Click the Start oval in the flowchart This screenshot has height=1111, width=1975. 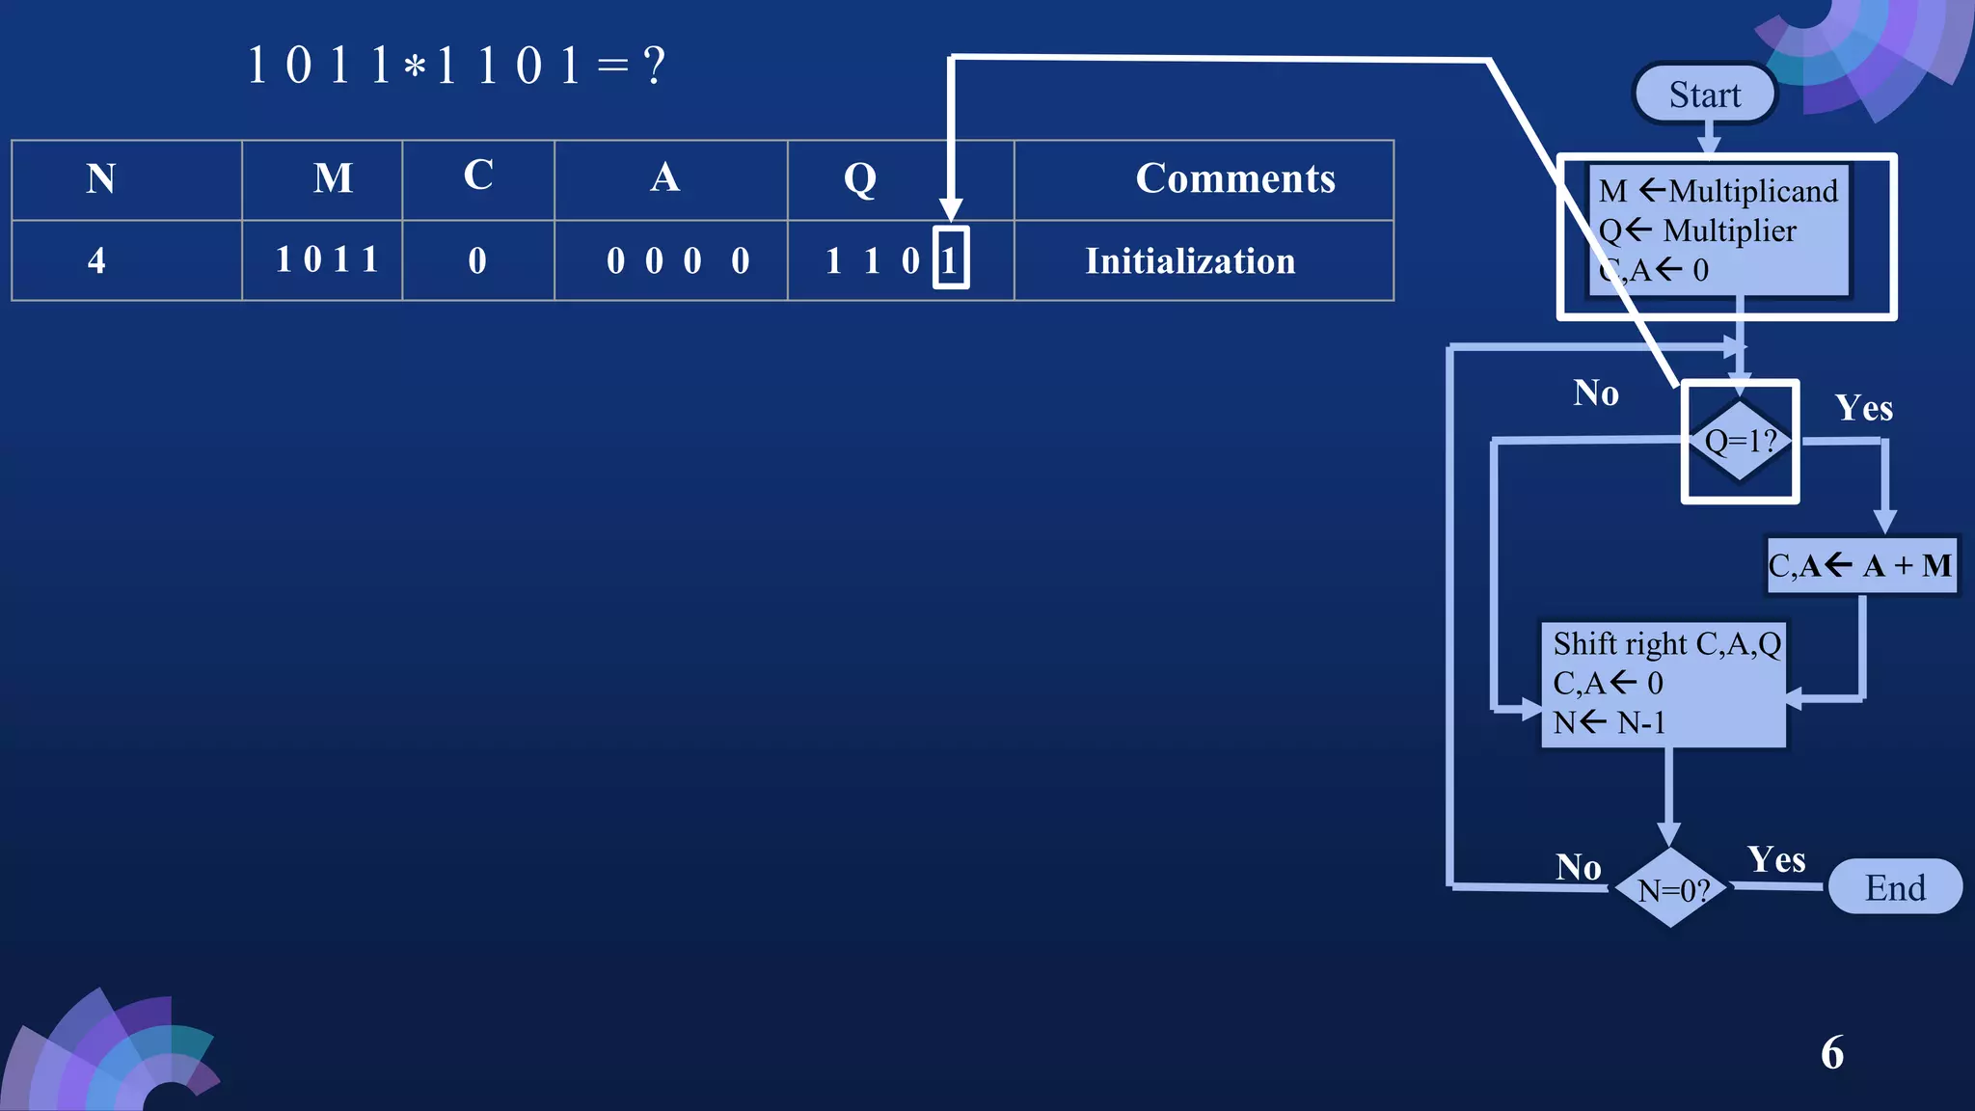point(1704,95)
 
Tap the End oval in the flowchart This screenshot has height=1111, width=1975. point(1894,887)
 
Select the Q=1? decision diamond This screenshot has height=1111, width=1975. point(1740,441)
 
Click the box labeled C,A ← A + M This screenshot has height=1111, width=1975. point(1860,565)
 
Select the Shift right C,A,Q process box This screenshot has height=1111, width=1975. point(1664,683)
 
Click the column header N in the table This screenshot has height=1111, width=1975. point(101,179)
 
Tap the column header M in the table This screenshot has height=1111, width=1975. point(333,179)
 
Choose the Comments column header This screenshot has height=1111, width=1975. point(1234,179)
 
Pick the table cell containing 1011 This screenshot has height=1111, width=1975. point(327,260)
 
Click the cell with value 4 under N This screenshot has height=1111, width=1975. point(96,260)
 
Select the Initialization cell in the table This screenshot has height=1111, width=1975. point(1190,261)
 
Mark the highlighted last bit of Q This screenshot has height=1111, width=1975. point(950,258)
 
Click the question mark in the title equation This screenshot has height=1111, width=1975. point(655,67)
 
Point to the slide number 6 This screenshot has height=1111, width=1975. point(1831,1052)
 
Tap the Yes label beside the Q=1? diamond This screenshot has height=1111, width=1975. point(1863,408)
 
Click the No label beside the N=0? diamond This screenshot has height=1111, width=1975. point(1578,867)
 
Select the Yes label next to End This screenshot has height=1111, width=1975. point(1775,859)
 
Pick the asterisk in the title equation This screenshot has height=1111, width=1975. point(415,68)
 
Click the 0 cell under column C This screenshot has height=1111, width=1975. point(477,260)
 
